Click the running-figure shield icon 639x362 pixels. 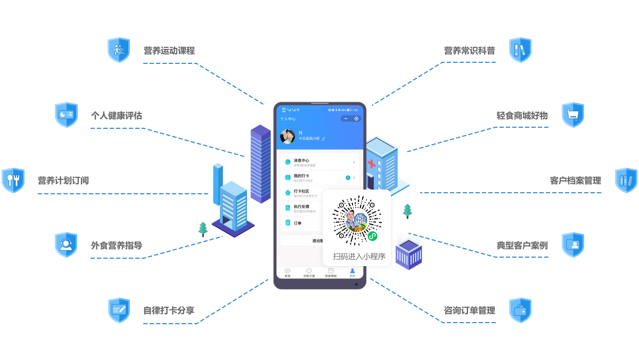(119, 50)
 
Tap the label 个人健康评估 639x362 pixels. (116, 116)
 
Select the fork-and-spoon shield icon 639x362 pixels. (13, 180)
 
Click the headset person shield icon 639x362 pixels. (66, 245)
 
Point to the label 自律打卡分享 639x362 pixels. (169, 310)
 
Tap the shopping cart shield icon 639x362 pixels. (573, 114)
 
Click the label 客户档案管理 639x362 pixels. (575, 180)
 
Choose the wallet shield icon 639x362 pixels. (520, 310)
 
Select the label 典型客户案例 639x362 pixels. (522, 245)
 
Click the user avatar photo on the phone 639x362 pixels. (288, 136)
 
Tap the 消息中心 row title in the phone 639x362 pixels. (301, 160)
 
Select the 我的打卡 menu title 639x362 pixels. (301, 176)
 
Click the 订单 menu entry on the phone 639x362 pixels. (298, 223)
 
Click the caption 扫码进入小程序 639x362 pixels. (359, 256)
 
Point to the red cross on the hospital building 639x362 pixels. (371, 164)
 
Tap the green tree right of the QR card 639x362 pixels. (407, 211)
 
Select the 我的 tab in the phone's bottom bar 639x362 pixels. (352, 272)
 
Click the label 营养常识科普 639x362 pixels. (470, 51)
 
